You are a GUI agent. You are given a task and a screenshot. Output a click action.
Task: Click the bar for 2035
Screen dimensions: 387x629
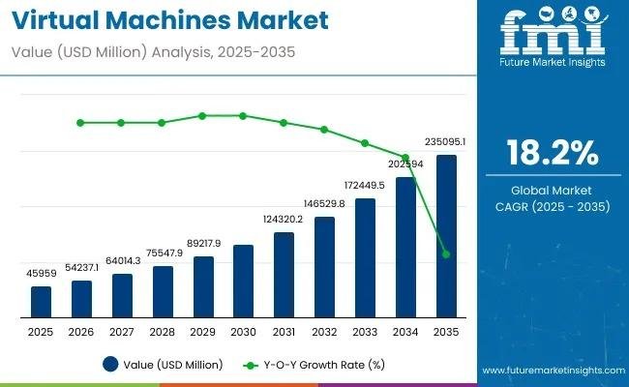click(x=446, y=237)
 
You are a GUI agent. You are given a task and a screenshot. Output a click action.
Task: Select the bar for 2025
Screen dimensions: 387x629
click(x=41, y=302)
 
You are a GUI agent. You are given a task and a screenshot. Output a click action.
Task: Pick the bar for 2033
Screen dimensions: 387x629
click(x=365, y=258)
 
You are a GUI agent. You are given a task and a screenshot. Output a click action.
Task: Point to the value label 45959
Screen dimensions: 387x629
click(x=41, y=274)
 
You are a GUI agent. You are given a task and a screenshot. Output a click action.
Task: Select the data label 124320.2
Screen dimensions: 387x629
click(x=283, y=220)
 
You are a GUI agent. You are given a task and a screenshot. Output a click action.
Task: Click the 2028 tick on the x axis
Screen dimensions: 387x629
click(x=163, y=332)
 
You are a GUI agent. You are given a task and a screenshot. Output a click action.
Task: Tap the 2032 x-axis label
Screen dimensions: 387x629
click(x=324, y=332)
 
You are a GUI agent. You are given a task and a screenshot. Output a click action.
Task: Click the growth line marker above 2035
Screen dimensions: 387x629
click(x=446, y=254)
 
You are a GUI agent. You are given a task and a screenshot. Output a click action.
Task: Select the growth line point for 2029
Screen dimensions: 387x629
click(x=202, y=115)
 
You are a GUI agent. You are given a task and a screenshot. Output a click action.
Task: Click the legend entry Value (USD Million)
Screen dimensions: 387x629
click(x=163, y=365)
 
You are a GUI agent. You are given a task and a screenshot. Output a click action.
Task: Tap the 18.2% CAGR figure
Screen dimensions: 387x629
click(x=552, y=154)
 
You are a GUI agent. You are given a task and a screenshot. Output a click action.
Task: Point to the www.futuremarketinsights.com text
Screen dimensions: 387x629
click(x=551, y=371)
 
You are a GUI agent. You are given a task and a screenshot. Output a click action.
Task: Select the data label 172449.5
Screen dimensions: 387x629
click(x=365, y=185)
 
